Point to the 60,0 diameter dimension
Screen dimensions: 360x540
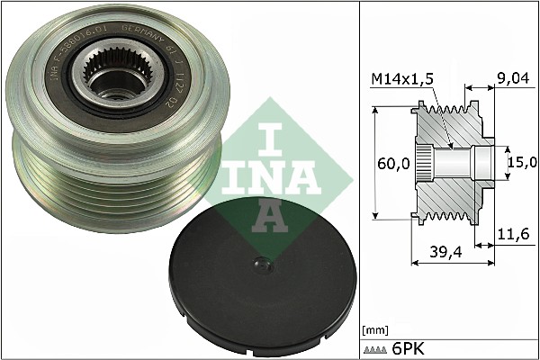393,164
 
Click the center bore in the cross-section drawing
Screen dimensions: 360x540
459,163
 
